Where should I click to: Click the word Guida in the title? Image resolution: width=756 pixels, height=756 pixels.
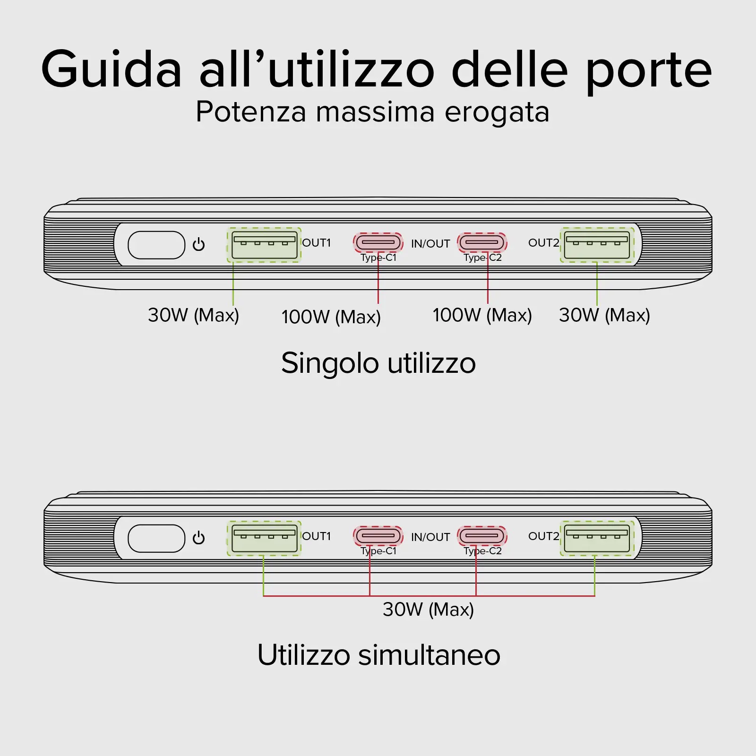112,69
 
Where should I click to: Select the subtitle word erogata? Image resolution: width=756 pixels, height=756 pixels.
497,112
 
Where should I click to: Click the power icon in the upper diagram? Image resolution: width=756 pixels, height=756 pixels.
198,244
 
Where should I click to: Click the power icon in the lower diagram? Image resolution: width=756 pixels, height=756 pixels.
198,538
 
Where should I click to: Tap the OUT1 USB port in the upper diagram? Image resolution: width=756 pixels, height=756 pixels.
264,245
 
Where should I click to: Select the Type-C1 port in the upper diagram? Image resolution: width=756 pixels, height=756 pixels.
378,242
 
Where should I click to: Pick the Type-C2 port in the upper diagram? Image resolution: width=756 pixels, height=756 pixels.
482,242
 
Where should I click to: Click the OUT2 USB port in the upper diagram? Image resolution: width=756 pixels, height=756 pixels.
597,245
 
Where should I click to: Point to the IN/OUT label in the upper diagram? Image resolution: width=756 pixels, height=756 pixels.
430,244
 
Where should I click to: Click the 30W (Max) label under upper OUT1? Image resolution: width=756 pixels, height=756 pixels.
193,315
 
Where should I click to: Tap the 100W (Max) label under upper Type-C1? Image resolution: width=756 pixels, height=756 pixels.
331,317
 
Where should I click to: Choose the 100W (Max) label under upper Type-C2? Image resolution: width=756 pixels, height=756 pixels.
482,315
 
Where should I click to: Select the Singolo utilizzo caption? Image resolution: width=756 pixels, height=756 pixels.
378,363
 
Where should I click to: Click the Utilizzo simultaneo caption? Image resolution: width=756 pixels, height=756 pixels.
378,655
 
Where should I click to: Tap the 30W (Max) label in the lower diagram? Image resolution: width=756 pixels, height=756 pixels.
428,610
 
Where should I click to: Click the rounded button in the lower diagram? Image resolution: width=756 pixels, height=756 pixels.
156,538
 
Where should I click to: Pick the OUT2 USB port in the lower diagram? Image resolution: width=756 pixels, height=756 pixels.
597,538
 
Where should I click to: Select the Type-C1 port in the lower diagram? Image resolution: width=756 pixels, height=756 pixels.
378,536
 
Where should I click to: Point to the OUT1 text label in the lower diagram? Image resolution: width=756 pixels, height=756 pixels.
317,536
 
